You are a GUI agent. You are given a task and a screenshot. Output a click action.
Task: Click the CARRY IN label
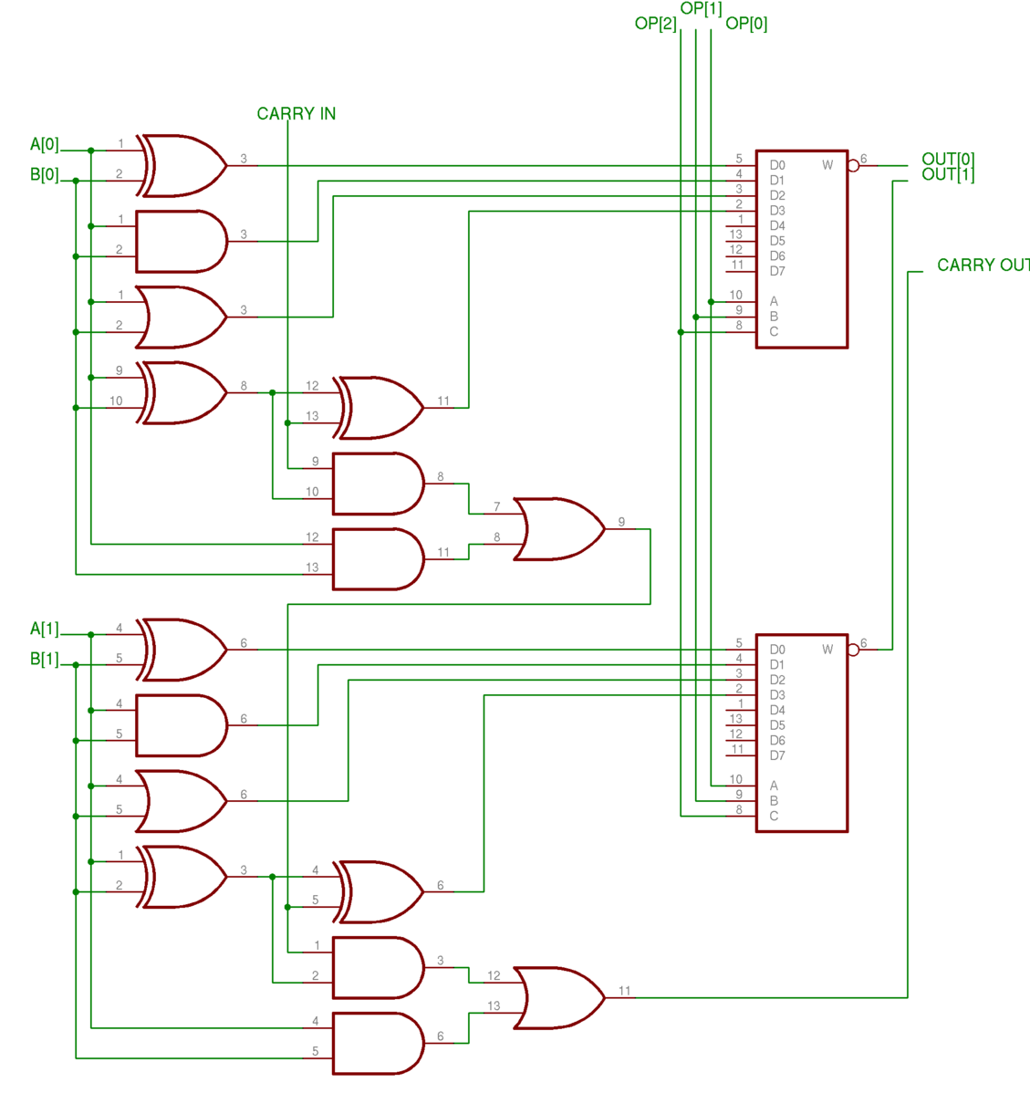tap(296, 114)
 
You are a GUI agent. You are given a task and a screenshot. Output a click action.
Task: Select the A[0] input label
tap(44, 144)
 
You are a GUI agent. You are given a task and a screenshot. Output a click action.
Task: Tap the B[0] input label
tap(44, 174)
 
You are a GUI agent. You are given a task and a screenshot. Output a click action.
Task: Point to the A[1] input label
tap(44, 629)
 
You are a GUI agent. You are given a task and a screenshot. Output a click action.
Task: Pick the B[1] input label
tap(44, 659)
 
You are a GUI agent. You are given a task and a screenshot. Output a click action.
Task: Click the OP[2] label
tap(655, 24)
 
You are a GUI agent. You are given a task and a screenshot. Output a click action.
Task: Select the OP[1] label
tap(701, 9)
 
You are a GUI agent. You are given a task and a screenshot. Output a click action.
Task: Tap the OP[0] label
tap(746, 24)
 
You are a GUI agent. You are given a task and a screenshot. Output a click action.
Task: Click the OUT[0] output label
tap(948, 160)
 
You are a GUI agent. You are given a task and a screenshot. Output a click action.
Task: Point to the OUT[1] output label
tap(948, 174)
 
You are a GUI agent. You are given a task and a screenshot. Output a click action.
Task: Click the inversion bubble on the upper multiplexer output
tap(853, 166)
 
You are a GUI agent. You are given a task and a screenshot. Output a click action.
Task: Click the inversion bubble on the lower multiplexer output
tap(853, 650)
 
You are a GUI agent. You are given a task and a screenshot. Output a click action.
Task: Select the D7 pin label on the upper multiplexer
tap(777, 271)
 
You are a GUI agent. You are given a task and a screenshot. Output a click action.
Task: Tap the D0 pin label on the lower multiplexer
tap(777, 650)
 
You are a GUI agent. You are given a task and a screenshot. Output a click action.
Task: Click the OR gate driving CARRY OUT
tap(557, 998)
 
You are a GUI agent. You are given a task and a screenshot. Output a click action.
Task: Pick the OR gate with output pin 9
tap(557, 529)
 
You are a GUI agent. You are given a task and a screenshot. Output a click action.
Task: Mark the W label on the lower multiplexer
tap(827, 650)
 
